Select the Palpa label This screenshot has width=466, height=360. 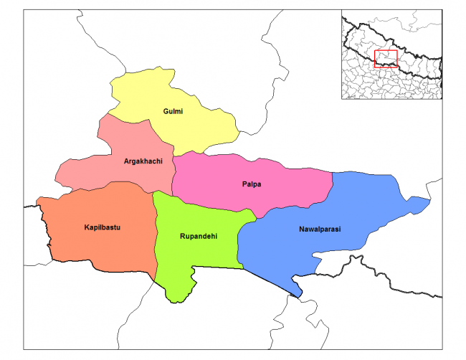tap(252, 184)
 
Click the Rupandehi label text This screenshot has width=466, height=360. tap(199, 235)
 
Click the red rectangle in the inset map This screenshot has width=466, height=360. tap(386, 59)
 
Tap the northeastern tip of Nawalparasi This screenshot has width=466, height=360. tap(426, 202)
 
